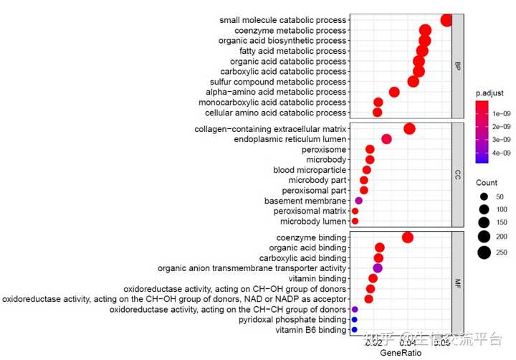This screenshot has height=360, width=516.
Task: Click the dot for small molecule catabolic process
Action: click(x=447, y=20)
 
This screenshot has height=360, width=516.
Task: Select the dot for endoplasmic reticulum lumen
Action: click(x=387, y=139)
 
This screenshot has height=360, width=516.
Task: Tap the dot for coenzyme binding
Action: click(x=408, y=237)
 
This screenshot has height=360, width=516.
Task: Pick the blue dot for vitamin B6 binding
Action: click(x=354, y=330)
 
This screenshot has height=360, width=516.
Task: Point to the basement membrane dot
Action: click(x=359, y=201)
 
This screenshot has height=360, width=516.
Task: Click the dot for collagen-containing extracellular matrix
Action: click(x=410, y=128)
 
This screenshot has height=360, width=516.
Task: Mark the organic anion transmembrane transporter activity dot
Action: click(x=378, y=268)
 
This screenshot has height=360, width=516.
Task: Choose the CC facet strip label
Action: click(x=457, y=174)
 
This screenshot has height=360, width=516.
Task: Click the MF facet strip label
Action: click(x=457, y=283)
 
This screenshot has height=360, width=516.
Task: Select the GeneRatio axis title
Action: click(x=401, y=353)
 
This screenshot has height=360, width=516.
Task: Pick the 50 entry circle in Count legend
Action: click(x=484, y=196)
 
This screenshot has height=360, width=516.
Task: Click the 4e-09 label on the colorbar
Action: click(x=500, y=153)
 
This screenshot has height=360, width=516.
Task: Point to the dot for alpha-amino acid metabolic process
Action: click(x=394, y=92)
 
